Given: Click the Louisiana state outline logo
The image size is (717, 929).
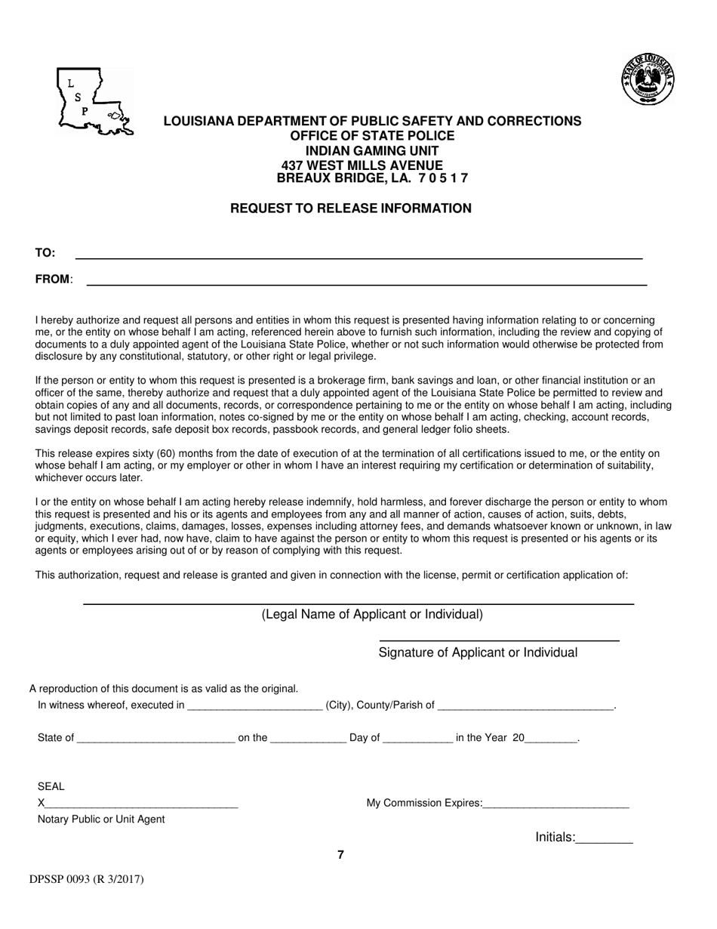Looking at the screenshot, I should pyautogui.click(x=94, y=101).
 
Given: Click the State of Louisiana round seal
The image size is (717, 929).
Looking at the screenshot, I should pyautogui.click(x=648, y=79).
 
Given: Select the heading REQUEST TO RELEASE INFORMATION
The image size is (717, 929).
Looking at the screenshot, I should pyautogui.click(x=351, y=208).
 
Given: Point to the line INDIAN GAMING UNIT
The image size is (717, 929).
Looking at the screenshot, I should pyautogui.click(x=373, y=150).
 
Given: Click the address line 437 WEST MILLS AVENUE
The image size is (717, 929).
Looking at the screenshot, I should pyautogui.click(x=362, y=165).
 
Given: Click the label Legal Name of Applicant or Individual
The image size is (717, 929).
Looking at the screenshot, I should pyautogui.click(x=372, y=614).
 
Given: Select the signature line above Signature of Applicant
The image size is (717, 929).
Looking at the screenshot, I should pyautogui.click(x=498, y=639).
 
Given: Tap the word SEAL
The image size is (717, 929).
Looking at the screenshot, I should pyautogui.click(x=51, y=786).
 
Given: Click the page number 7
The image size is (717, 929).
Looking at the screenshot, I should pyautogui.click(x=341, y=855).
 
